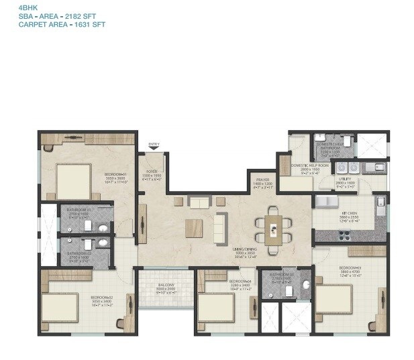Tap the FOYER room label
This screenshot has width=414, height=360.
(x=152, y=172)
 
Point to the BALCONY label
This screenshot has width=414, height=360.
(x=166, y=285)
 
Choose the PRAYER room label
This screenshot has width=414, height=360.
(x=262, y=179)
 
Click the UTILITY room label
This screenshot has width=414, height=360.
(x=346, y=179)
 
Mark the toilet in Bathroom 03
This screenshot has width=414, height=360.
(x=306, y=284)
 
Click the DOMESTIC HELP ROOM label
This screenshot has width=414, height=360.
(x=310, y=166)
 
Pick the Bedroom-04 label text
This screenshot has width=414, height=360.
(x=240, y=281)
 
